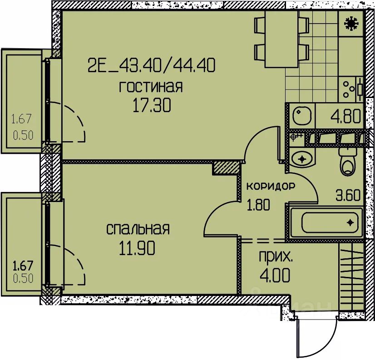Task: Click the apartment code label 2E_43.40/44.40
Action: (x=152, y=65)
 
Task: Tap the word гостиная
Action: (x=151, y=87)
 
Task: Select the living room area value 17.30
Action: (x=152, y=106)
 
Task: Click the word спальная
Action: (x=138, y=229)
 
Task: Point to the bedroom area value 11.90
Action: (x=137, y=248)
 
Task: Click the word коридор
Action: (x=271, y=186)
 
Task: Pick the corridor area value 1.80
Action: (x=258, y=205)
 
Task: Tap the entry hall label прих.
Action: (x=276, y=257)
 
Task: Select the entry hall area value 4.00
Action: (x=275, y=275)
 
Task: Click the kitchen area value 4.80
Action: (x=346, y=117)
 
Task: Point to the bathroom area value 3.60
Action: (x=348, y=195)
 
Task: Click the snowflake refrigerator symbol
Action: (x=350, y=24)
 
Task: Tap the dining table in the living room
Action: (x=282, y=39)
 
